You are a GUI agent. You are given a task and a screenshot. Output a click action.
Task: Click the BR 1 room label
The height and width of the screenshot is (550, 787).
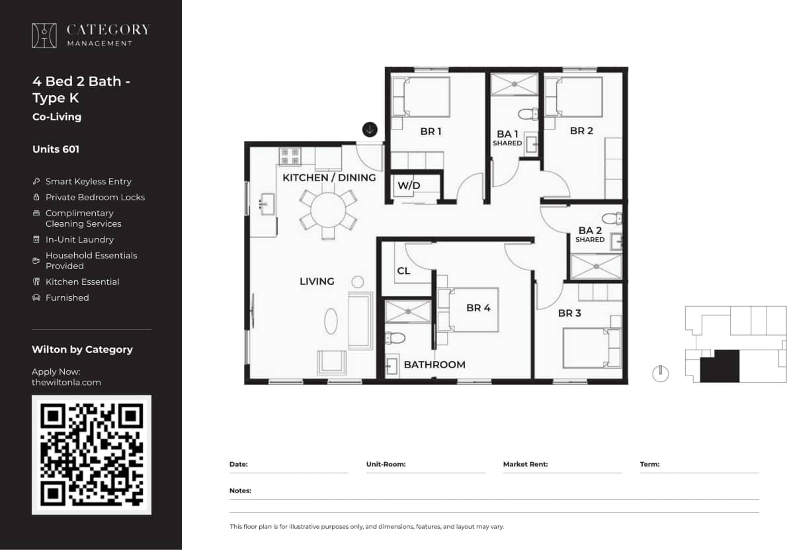(x=431, y=132)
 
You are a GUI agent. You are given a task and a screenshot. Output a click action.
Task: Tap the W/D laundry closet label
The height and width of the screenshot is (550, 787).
(x=408, y=185)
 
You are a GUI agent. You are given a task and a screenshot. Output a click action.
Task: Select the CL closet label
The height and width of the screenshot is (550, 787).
(x=403, y=271)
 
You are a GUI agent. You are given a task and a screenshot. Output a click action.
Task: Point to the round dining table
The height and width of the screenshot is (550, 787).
(x=328, y=211)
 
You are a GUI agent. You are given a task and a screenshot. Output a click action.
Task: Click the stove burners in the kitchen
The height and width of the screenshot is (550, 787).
(x=290, y=156)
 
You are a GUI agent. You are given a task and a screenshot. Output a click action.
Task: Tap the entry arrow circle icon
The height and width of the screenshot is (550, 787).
(x=370, y=130)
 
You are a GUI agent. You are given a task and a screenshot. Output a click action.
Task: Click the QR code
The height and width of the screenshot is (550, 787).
(x=91, y=455)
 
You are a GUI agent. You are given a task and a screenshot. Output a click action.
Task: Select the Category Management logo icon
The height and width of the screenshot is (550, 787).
(x=44, y=35)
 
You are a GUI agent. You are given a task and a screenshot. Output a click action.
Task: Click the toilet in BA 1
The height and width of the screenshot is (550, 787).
(x=528, y=114)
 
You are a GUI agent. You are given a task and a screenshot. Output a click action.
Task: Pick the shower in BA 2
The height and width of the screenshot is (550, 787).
(x=596, y=266)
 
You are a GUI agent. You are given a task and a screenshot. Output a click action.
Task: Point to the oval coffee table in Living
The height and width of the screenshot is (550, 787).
(x=331, y=321)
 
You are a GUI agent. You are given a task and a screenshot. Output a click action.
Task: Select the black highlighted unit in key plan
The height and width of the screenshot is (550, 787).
(x=719, y=366)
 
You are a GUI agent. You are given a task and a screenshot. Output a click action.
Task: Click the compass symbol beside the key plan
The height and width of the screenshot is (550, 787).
(x=659, y=373)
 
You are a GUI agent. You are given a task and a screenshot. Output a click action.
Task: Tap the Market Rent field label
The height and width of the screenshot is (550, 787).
(x=525, y=464)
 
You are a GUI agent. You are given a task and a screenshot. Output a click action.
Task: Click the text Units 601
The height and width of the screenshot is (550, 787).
(x=56, y=149)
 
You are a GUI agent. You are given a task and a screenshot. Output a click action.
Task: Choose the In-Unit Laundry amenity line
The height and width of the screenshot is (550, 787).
(x=79, y=239)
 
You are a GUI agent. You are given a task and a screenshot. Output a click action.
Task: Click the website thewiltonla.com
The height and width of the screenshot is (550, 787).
(x=66, y=382)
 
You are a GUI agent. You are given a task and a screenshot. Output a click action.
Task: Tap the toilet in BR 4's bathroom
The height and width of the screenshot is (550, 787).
(x=395, y=338)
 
